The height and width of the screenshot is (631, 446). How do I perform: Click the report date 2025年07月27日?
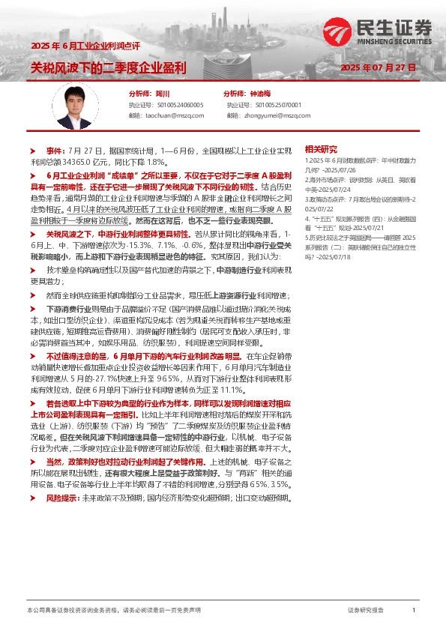[x=378, y=67]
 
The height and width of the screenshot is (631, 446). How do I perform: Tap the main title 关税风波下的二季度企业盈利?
[x=109, y=67]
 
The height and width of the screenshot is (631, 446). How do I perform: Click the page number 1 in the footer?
[x=413, y=611]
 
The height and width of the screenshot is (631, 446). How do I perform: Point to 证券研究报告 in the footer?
[x=366, y=611]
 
